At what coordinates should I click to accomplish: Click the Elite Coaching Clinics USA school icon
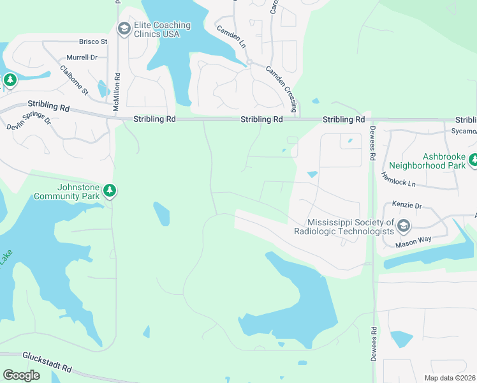(x=123, y=29)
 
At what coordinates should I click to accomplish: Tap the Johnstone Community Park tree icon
(x=110, y=191)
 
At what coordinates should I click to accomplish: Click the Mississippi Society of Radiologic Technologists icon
(x=403, y=226)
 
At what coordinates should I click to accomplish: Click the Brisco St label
(x=93, y=42)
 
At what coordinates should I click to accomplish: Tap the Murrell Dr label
(x=81, y=57)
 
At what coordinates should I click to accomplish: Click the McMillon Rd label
(x=117, y=93)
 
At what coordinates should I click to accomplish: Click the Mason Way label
(x=413, y=239)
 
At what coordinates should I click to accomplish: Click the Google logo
(x=22, y=375)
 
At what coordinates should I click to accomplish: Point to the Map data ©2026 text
(x=449, y=378)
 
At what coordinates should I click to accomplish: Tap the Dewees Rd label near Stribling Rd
(x=372, y=147)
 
